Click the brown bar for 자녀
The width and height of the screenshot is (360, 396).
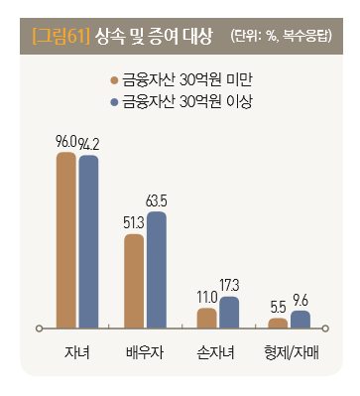pyautogui.click(x=66, y=239)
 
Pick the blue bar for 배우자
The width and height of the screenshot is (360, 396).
pyautogui.click(x=157, y=269)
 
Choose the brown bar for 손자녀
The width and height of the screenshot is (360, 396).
pyautogui.click(x=206, y=317)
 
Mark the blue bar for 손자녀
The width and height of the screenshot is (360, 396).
pyautogui.click(x=229, y=311)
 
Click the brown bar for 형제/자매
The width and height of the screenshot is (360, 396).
pyautogui.click(x=278, y=322)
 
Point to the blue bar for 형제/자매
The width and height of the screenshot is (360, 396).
pyautogui.click(x=300, y=318)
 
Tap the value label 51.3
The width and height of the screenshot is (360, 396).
pyautogui.click(x=134, y=224)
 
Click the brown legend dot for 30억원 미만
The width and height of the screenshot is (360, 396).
pyautogui.click(x=116, y=80)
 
